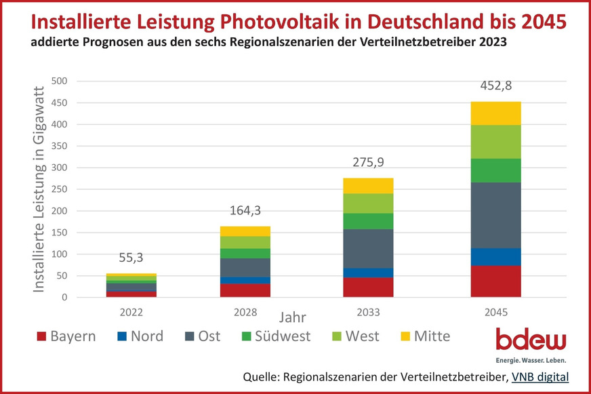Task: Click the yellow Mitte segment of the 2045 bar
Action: (x=495, y=113)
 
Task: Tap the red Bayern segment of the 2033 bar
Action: (x=368, y=288)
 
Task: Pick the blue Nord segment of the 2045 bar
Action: (x=495, y=257)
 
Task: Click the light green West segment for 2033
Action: (x=368, y=203)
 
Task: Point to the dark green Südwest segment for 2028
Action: (x=245, y=254)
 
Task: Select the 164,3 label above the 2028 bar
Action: (x=245, y=211)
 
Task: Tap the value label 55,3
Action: (x=131, y=258)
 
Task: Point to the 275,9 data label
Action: (x=368, y=163)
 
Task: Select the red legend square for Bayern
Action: (x=39, y=336)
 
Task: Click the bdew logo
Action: (x=531, y=344)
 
